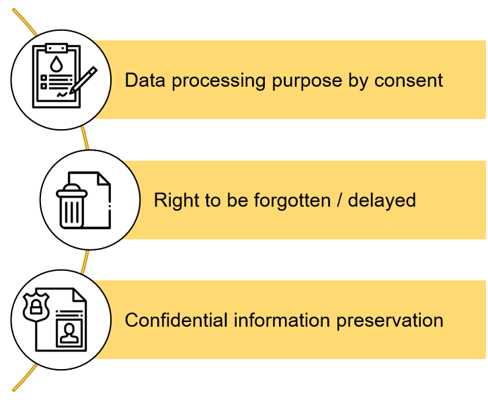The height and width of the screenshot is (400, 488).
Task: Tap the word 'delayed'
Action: click(x=382, y=200)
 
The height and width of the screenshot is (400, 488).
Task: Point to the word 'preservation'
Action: click(x=390, y=320)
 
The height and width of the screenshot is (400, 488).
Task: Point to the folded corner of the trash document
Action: click(x=104, y=179)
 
